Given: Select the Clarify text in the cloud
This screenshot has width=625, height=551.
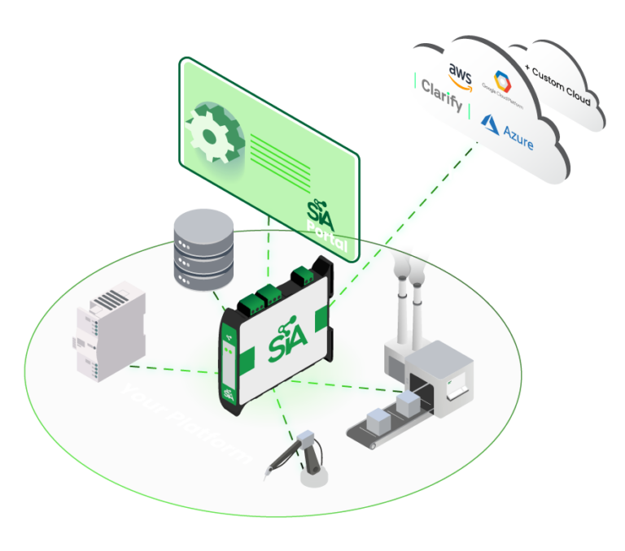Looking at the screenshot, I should (x=442, y=96).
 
